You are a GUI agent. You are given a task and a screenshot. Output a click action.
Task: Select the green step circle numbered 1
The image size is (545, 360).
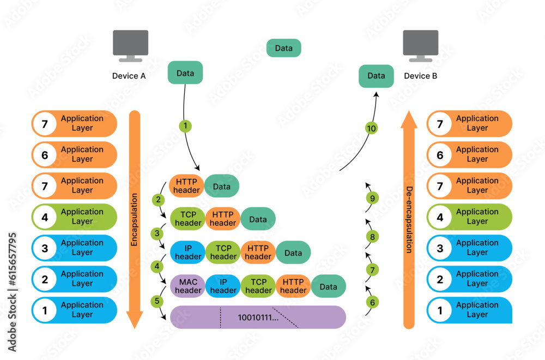click(185, 126)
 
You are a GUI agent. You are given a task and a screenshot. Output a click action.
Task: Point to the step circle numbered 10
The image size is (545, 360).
click(371, 128)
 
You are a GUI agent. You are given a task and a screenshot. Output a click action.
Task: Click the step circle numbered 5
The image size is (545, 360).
click(157, 301)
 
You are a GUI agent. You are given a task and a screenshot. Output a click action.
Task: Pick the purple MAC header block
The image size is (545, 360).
click(188, 286)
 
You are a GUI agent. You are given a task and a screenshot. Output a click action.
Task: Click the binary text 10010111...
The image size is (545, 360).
click(258, 317)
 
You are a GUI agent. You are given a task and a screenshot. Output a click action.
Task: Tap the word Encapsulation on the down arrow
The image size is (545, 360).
click(135, 218)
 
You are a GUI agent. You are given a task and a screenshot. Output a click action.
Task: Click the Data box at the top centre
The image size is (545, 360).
click(283, 48)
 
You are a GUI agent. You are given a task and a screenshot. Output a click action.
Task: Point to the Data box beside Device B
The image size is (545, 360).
click(376, 76)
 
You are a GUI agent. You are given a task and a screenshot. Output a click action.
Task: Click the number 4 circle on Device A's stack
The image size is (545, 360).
click(45, 217)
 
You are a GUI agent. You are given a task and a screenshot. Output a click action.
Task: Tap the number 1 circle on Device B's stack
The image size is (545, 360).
click(440, 310)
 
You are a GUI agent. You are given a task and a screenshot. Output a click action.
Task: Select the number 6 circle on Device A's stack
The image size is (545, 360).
click(45, 155)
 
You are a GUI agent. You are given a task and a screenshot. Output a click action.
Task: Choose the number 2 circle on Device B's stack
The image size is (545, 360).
click(440, 279)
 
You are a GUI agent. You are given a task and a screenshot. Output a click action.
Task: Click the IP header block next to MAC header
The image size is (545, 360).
click(223, 286)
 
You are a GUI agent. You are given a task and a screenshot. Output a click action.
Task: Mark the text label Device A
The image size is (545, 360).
click(129, 76)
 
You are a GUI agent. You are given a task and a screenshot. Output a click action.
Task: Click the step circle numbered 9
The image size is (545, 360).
click(373, 198)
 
